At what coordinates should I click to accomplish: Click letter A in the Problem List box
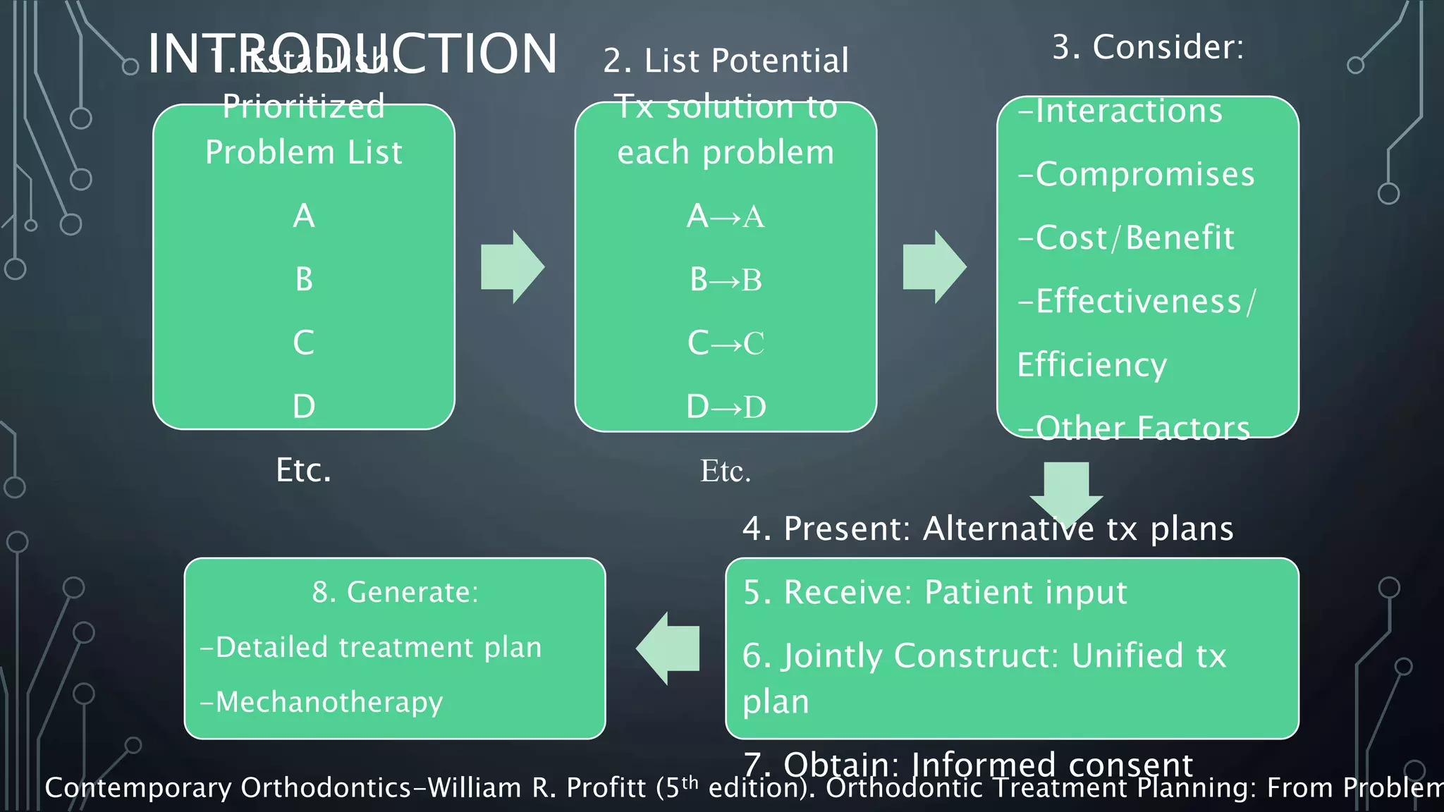point(303,216)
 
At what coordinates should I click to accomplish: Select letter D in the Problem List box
point(303,407)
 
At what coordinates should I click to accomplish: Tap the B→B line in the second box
point(726,280)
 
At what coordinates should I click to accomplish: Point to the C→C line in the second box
point(726,343)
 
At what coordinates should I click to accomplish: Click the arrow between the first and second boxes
point(513,267)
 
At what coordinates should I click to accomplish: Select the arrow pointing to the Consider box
point(934,267)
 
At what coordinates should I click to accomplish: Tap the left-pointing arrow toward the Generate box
point(668,648)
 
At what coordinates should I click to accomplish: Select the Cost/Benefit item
point(1126,238)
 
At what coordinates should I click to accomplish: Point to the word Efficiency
point(1091,365)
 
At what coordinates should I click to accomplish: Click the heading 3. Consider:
point(1148,47)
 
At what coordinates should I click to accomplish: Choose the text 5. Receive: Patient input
point(935,592)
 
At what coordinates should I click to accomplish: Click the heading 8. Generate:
point(395,592)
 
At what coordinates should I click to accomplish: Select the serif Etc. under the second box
point(726,471)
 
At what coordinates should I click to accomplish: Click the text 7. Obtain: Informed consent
point(967,763)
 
